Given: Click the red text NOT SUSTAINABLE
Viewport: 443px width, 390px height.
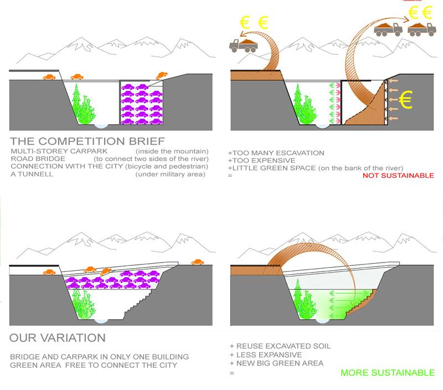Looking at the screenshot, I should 398,176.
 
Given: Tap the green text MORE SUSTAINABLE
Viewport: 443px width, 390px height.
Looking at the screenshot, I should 388,373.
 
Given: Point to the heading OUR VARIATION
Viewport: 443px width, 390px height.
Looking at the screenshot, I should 57,337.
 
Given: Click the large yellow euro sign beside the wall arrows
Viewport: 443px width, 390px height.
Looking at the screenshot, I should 406,100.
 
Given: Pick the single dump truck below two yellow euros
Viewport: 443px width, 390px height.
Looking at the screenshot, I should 244,46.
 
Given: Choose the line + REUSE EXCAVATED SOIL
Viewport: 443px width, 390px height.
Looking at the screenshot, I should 280,346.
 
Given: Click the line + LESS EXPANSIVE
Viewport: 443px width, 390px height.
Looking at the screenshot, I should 265,355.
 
